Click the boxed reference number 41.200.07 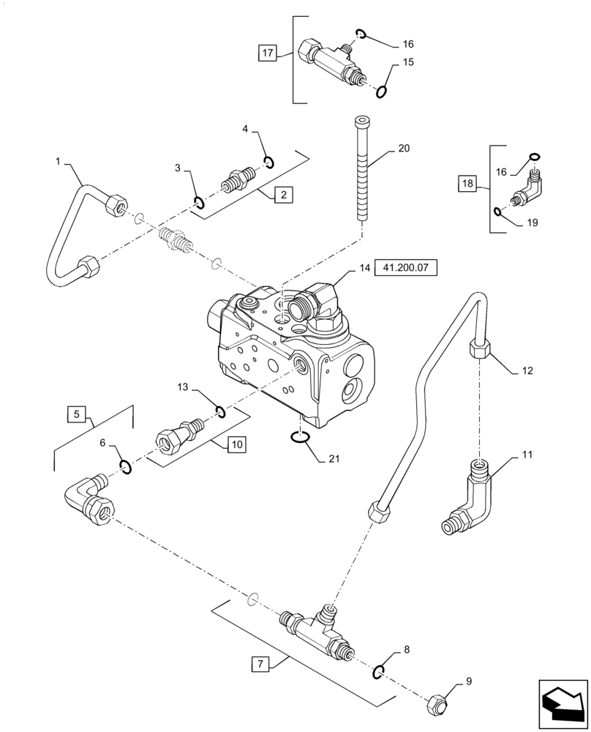pyautogui.click(x=405, y=269)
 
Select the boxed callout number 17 pyautogui.click(x=268, y=53)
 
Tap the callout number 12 pyautogui.click(x=527, y=370)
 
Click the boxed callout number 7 pyautogui.click(x=258, y=665)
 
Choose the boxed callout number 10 pyautogui.click(x=238, y=444)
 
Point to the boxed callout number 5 pyautogui.click(x=76, y=414)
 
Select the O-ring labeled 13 pyautogui.click(x=219, y=412)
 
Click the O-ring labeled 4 pyautogui.click(x=268, y=162)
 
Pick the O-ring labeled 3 pyautogui.click(x=197, y=202)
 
